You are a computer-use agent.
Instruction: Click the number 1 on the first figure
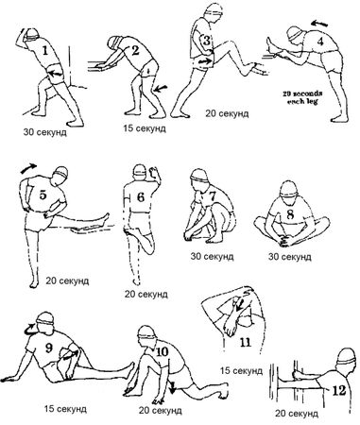click(45, 50)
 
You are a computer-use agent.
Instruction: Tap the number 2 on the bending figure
click(135, 50)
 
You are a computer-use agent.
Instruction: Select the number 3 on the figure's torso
click(206, 41)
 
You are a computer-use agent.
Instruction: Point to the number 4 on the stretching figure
click(320, 42)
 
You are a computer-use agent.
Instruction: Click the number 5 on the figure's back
click(43, 195)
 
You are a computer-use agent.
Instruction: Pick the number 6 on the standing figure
click(141, 197)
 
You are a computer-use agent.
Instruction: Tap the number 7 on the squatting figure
click(213, 195)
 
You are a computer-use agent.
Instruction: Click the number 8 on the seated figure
click(290, 214)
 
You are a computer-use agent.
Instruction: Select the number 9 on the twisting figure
click(49, 348)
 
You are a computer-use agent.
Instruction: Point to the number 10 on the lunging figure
click(162, 351)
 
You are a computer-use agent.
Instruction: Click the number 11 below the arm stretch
click(246, 342)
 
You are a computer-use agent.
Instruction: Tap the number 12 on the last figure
click(339, 390)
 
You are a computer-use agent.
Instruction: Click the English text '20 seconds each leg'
click(302, 97)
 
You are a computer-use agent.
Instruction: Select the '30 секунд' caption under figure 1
click(44, 132)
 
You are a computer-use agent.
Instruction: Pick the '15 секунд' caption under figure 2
click(145, 128)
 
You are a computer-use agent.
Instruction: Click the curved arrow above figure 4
click(319, 24)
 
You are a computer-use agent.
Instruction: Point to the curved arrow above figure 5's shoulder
click(28, 168)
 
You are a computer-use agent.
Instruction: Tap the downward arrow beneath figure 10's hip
click(172, 387)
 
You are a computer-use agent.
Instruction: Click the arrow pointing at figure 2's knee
click(161, 88)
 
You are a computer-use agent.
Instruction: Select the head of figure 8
click(288, 190)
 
